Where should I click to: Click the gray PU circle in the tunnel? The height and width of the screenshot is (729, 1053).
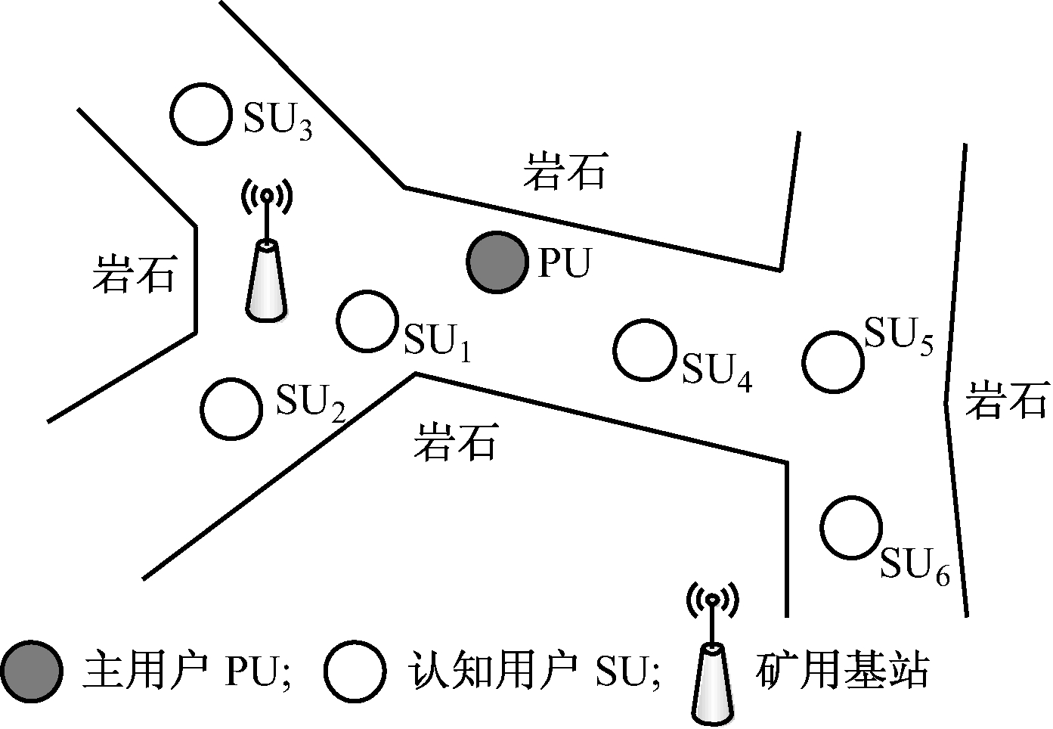(497, 262)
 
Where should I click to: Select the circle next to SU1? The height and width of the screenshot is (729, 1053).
(367, 321)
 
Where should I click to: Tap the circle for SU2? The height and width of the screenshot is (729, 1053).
(231, 408)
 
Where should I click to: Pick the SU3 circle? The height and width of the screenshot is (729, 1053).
(200, 113)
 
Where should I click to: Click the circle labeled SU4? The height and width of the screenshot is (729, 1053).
(645, 350)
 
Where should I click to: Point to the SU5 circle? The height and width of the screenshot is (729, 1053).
(832, 361)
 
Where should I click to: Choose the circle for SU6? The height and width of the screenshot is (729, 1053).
(851, 528)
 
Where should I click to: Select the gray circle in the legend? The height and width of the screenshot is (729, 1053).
(31, 671)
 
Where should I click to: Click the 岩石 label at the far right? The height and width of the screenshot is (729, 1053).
(1006, 399)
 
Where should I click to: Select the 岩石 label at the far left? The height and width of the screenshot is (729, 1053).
(135, 273)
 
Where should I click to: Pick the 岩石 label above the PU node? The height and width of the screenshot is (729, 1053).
(565, 171)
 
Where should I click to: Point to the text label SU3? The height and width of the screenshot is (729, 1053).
(277, 121)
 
